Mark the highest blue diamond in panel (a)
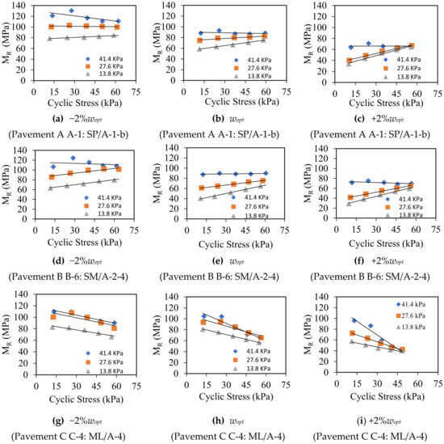point(71,11)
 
